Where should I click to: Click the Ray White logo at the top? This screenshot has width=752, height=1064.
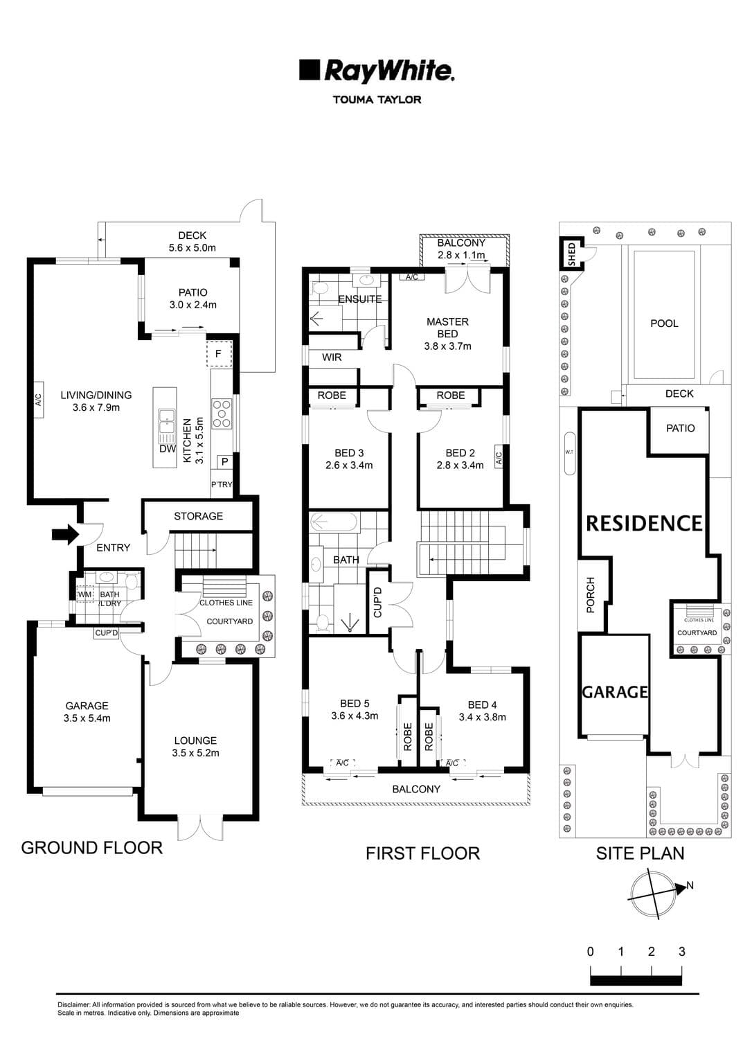(376, 71)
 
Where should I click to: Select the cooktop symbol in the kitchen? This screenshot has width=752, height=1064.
(222, 413)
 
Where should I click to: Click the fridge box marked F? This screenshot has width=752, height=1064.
(219, 353)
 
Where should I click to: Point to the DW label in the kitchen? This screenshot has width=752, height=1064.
(167, 449)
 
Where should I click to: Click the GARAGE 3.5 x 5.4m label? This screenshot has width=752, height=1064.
(87, 712)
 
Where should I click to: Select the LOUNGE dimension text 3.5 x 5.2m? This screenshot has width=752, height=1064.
(195, 753)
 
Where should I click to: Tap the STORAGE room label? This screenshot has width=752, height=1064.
(198, 516)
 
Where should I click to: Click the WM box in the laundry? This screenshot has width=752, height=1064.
(84, 594)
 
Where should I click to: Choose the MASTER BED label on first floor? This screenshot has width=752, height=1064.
(447, 328)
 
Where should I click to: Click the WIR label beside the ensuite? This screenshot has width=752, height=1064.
(332, 357)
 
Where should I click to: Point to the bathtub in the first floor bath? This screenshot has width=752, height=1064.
(333, 522)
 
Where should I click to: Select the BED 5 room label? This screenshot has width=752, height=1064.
(355, 704)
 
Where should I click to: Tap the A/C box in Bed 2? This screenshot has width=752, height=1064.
(498, 457)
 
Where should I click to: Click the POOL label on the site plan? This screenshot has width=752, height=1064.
(664, 323)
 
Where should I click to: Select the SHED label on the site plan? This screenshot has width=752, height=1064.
(571, 254)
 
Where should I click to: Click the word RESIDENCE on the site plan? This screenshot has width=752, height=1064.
(644, 523)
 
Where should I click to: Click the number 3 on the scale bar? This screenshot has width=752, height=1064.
(681, 952)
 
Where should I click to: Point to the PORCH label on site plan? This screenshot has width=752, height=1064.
(591, 594)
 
